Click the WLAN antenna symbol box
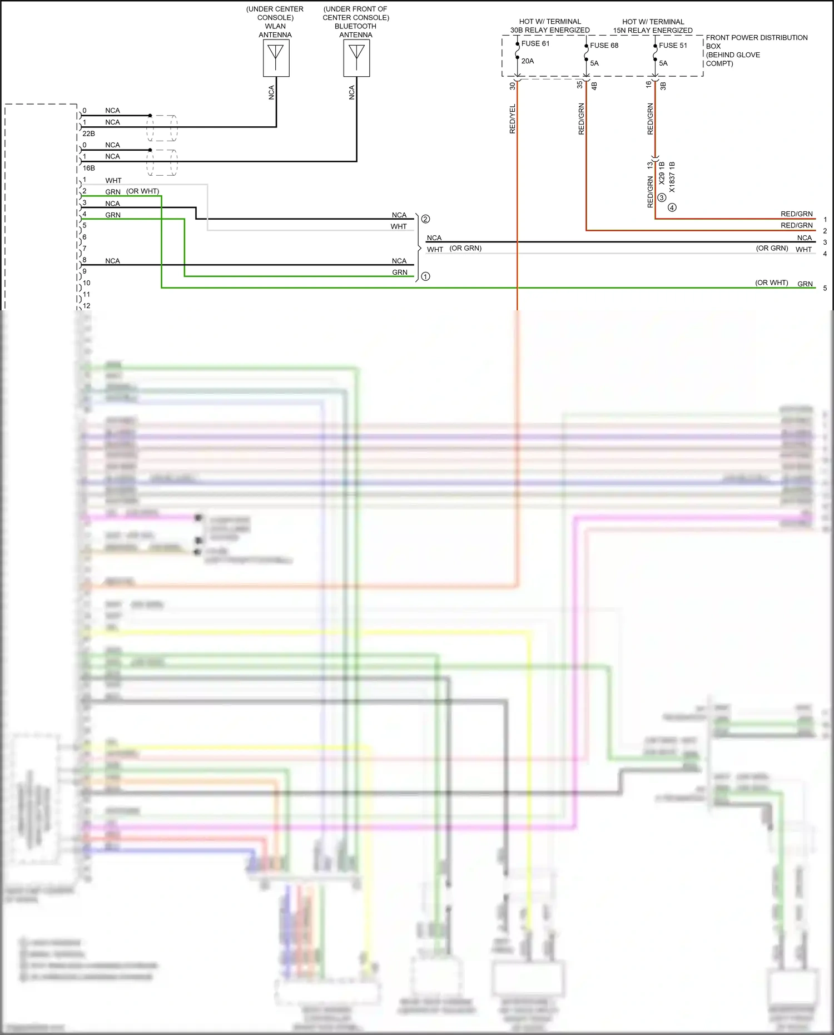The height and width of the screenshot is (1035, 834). click(276, 58)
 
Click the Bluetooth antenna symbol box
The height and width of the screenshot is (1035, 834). click(356, 58)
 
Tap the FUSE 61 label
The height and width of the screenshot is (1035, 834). click(535, 43)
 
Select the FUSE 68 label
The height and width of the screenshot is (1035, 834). click(604, 46)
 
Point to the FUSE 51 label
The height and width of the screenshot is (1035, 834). click(673, 46)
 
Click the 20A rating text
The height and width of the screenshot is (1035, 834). click(527, 61)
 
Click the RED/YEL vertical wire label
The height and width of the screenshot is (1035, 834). click(513, 118)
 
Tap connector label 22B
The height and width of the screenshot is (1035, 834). click(88, 133)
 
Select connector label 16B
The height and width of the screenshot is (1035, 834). click(88, 168)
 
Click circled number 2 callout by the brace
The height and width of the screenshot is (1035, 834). click(425, 219)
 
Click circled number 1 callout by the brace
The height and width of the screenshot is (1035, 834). click(425, 276)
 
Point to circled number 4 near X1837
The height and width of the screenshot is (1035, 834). click(672, 207)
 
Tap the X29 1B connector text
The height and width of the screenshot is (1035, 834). click(662, 173)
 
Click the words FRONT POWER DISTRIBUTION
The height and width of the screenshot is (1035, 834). click(756, 38)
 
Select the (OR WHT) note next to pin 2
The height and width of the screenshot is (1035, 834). click(142, 191)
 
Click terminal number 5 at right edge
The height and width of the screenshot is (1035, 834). click(825, 288)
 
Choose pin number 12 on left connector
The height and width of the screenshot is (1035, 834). click(87, 306)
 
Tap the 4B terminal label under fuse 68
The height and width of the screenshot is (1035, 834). click(594, 86)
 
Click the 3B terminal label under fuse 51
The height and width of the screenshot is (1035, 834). click(663, 86)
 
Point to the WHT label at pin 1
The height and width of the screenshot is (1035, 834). click(113, 181)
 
